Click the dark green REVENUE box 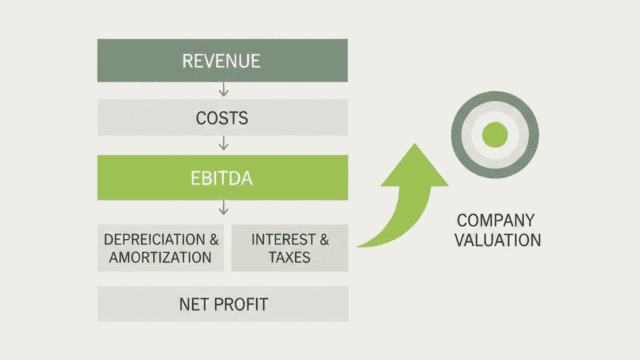[x=222, y=61]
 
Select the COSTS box [x=222, y=119]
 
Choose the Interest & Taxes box [x=290, y=248]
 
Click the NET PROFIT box [x=222, y=304]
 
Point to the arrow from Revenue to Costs [x=223, y=90]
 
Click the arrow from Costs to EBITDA [x=223, y=144]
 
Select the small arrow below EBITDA [x=223, y=208]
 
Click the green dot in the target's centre [x=494, y=135]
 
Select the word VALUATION [x=497, y=240]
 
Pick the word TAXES [x=290, y=257]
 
